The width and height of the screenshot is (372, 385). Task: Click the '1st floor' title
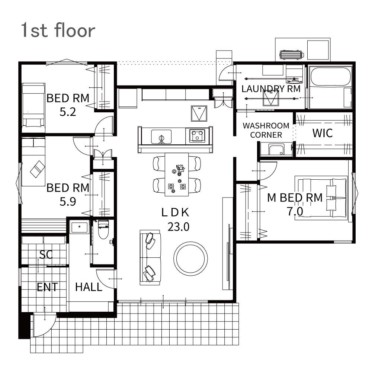[x=58, y=30]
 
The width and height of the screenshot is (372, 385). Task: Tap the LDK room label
[x=175, y=212]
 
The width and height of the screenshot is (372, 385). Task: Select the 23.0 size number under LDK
[x=179, y=227]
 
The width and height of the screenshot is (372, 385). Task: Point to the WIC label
[x=323, y=133]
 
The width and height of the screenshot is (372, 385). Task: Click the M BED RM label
[x=295, y=198]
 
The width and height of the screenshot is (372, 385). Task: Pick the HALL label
[x=89, y=287]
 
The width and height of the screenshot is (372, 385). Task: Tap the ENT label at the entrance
[x=47, y=287]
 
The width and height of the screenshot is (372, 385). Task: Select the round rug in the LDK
[x=190, y=259]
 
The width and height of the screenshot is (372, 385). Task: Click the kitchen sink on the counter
[x=161, y=137]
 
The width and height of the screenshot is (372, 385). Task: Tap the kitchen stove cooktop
[x=197, y=135]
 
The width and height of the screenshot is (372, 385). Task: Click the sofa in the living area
[x=150, y=257]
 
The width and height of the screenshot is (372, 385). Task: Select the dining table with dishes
[x=177, y=174]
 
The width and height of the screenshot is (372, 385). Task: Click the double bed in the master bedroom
[x=321, y=198]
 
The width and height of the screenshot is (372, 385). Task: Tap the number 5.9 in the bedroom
[x=68, y=202]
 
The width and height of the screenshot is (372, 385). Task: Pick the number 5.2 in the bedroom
[x=68, y=112]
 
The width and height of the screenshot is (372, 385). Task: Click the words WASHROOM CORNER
[x=266, y=130]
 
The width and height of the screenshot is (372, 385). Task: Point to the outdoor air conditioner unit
[x=292, y=55]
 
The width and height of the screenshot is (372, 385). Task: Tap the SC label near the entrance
[x=46, y=254]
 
